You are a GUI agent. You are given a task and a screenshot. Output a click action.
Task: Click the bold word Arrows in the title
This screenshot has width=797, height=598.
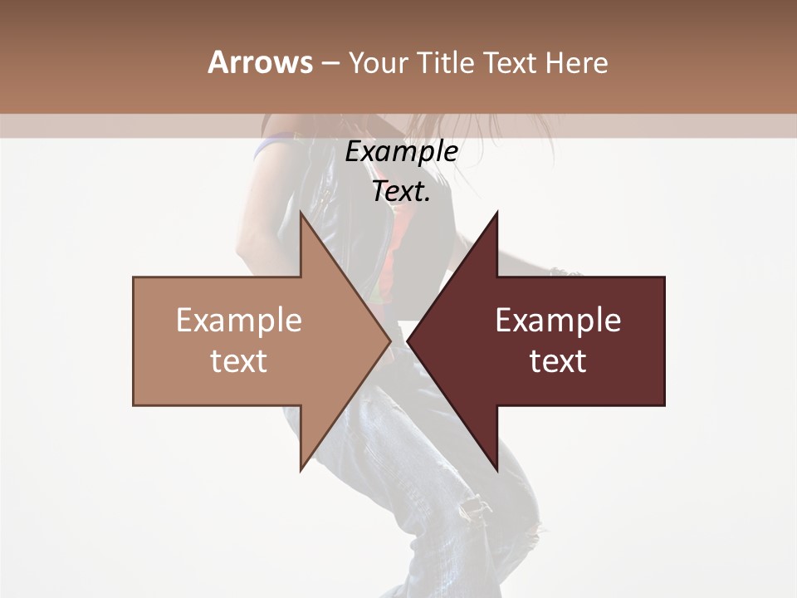261,62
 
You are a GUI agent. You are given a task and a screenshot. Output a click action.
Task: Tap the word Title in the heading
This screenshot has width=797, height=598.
446,62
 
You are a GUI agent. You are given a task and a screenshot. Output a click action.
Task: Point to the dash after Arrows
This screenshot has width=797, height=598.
330,64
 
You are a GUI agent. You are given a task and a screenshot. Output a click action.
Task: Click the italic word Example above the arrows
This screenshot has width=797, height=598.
401,152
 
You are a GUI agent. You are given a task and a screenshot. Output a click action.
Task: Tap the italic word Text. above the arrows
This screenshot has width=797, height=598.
401,192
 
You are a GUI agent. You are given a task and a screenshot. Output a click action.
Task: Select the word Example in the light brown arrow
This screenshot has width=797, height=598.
239,321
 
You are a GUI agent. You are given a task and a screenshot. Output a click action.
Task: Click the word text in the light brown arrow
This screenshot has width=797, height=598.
239,360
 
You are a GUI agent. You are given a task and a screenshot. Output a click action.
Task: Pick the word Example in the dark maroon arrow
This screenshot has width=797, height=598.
558,321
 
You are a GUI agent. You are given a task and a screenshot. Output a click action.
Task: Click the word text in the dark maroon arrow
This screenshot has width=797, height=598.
558,360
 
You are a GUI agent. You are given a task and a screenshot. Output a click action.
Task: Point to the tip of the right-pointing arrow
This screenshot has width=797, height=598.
389,341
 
